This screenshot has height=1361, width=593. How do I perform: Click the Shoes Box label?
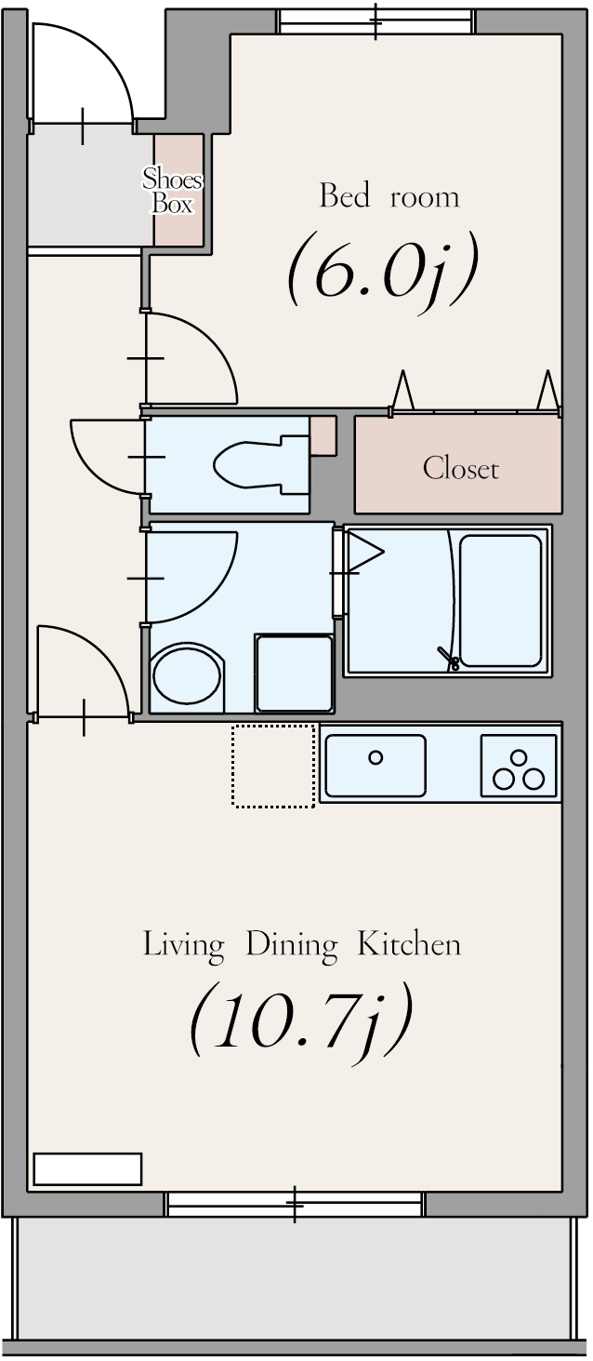click(x=172, y=191)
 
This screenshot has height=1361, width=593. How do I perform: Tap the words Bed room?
click(x=389, y=197)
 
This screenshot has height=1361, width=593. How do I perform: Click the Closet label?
click(x=461, y=469)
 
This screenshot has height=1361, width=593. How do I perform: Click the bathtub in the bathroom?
click(x=501, y=601)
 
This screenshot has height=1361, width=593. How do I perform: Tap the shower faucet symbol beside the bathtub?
click(x=450, y=659)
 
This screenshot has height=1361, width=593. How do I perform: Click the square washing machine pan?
click(x=295, y=673)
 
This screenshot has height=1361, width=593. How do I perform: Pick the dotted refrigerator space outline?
click(x=274, y=766)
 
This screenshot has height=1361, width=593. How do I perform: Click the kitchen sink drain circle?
click(x=376, y=757)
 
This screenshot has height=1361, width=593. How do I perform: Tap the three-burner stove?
click(x=519, y=766)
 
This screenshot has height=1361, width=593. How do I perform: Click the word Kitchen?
click(x=408, y=945)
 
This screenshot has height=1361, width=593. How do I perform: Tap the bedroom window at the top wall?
click(x=376, y=22)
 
